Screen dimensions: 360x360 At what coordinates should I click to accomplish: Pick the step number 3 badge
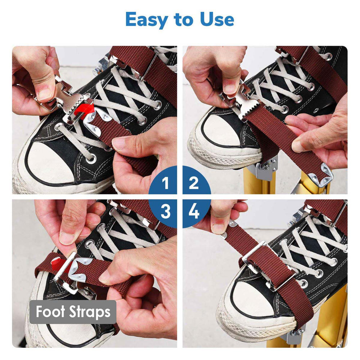point(165,212)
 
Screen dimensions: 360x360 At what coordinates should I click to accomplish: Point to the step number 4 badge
point(194,212)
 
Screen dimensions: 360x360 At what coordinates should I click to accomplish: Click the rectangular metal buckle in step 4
point(266,265)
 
